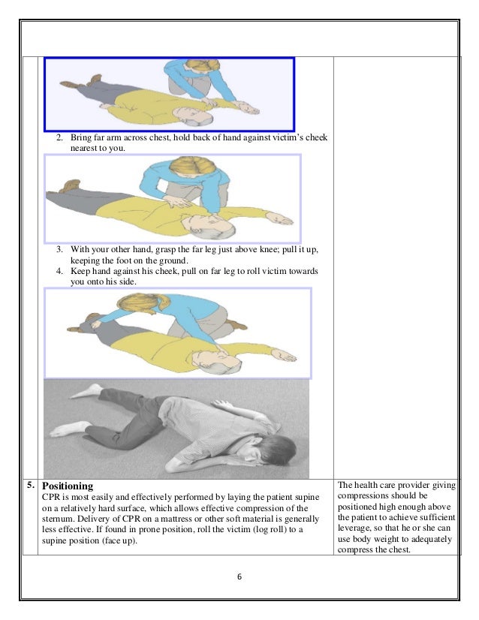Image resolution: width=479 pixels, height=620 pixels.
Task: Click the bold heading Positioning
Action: pyautogui.click(x=68, y=486)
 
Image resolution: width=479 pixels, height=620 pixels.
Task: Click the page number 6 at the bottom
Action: pyautogui.click(x=239, y=577)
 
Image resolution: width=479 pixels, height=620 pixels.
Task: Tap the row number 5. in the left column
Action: pyautogui.click(x=30, y=485)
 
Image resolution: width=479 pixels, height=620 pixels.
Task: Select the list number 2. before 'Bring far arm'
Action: pyautogui.click(x=61, y=138)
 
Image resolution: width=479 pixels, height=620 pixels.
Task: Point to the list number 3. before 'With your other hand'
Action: pyautogui.click(x=61, y=248)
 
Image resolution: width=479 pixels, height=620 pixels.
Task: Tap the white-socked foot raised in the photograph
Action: pyautogui.click(x=90, y=390)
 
